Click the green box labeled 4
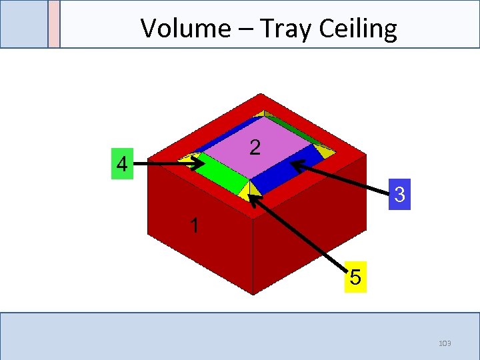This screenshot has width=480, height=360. click(x=121, y=164)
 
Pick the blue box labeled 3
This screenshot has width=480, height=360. click(x=399, y=195)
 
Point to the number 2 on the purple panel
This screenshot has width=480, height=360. click(x=255, y=147)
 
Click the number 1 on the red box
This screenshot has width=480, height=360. click(x=194, y=225)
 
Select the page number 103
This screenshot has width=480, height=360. click(x=445, y=343)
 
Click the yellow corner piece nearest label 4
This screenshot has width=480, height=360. click(x=199, y=157)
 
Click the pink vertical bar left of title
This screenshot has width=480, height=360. click(x=54, y=24)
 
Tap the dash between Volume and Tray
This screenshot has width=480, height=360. click(x=243, y=29)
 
